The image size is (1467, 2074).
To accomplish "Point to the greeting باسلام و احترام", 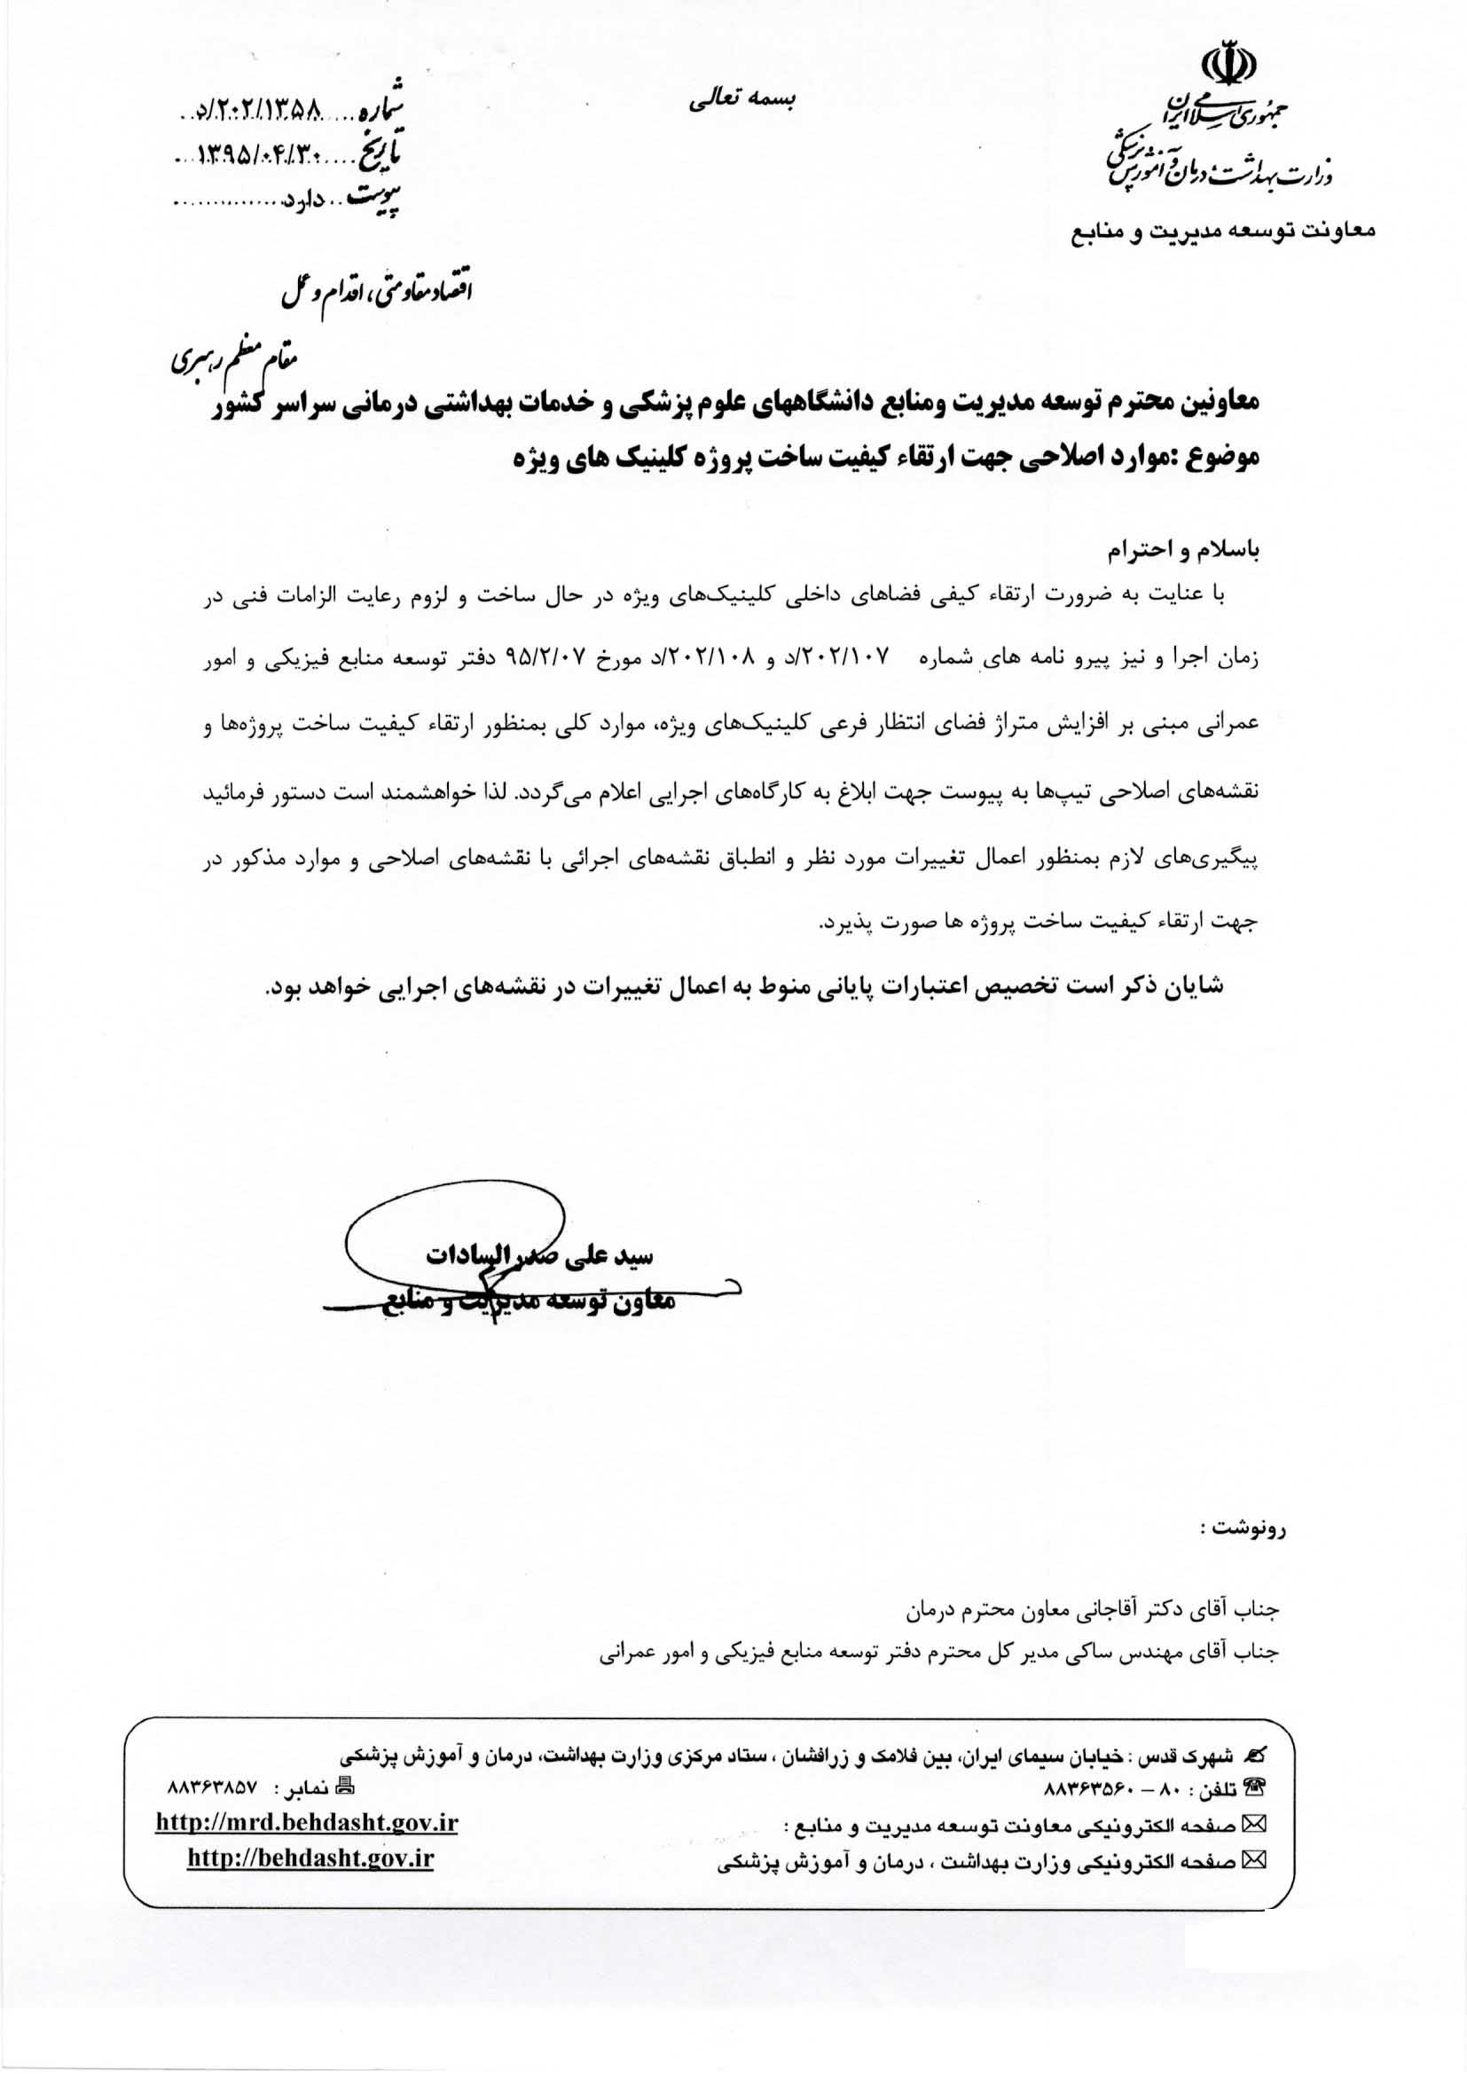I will click(1185, 548).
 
